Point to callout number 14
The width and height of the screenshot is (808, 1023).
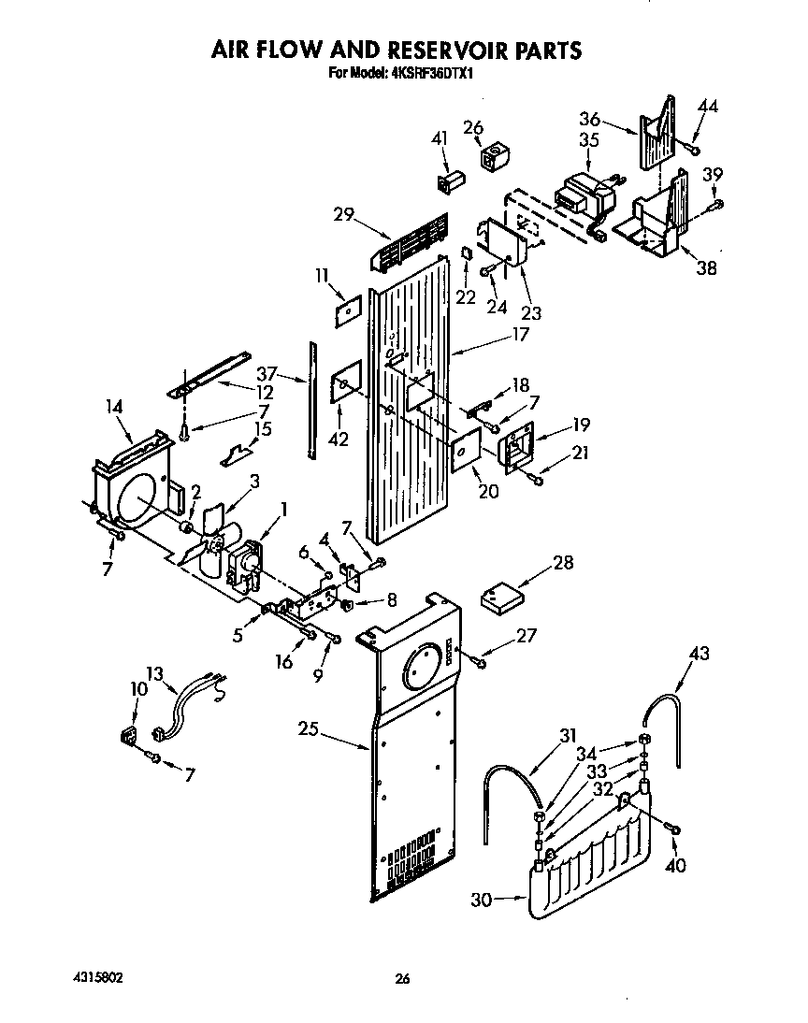click(115, 407)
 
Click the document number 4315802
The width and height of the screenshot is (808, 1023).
click(96, 978)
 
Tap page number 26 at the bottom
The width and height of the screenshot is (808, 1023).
click(402, 979)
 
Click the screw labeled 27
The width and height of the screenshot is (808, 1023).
click(480, 662)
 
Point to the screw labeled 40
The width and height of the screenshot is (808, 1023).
click(673, 828)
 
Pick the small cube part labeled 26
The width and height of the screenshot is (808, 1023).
click(493, 157)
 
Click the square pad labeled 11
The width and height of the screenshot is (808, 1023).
click(347, 309)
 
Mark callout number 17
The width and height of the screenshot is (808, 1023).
click(520, 335)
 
